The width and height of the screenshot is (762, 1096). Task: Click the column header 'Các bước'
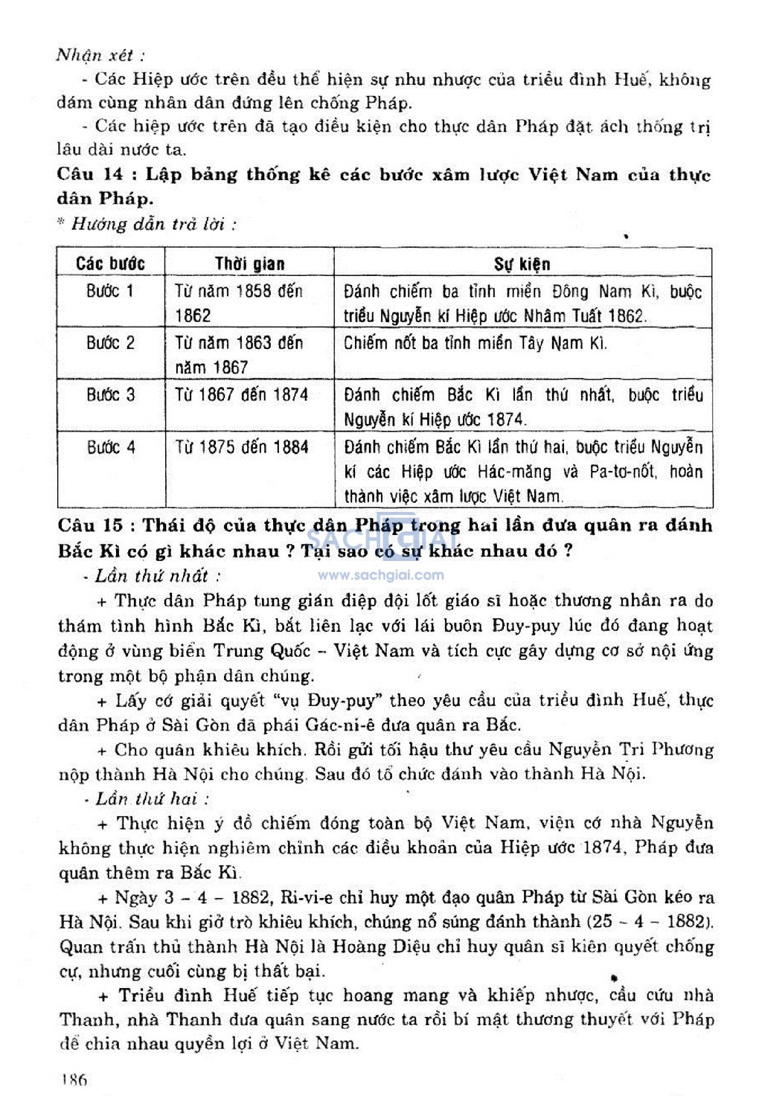pos(110,263)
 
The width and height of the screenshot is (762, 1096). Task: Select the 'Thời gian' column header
pos(249,263)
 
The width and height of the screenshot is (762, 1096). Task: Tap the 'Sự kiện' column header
pos(522,263)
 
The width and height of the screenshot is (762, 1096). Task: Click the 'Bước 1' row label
pos(110,291)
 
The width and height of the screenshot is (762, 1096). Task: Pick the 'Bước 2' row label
pos(110,343)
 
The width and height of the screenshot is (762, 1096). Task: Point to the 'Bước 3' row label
pos(110,394)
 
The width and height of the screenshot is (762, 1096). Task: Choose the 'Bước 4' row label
pos(110,447)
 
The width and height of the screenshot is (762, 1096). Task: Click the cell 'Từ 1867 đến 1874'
pos(241,394)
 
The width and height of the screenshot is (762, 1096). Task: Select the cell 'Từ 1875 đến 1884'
pos(241,447)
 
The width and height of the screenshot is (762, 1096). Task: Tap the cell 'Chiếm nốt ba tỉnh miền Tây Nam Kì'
pos(475,343)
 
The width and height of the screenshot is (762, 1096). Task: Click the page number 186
pos(74,1080)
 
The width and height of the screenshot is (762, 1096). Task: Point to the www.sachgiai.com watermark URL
pos(381,575)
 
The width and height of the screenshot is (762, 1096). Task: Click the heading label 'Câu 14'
pos(90,175)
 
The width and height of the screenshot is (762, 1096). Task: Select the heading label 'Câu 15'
pos(90,525)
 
